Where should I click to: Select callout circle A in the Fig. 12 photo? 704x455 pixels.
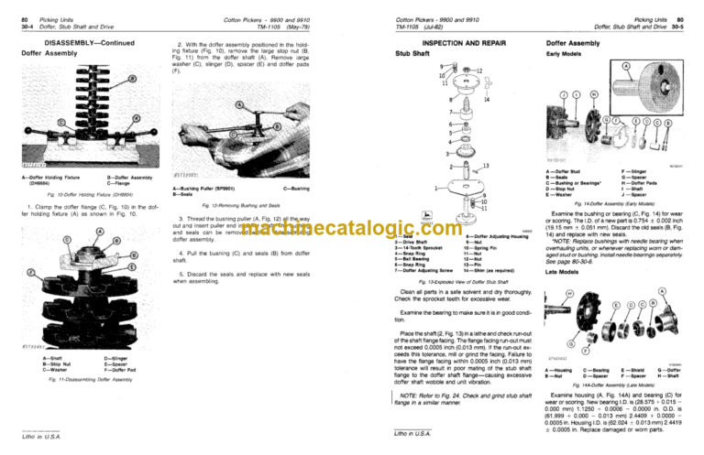[214, 103]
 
